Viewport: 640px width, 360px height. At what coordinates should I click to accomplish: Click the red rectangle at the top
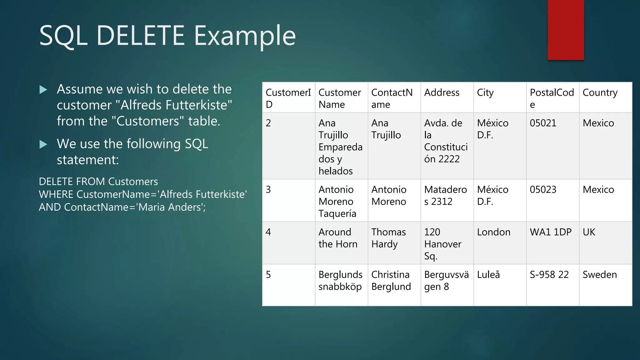(x=566, y=30)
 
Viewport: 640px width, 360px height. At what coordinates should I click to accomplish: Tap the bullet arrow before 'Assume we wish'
(x=43, y=90)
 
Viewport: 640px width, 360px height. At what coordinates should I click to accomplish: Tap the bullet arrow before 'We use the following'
(x=43, y=144)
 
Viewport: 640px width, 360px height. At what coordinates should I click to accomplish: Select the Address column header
(x=442, y=93)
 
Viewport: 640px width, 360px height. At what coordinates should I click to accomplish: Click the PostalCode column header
(x=552, y=98)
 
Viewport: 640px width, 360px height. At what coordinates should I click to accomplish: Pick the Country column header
(x=600, y=93)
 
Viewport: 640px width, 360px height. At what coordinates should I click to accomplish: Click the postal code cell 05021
(x=543, y=123)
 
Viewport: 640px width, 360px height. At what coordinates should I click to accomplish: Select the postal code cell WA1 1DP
(x=550, y=232)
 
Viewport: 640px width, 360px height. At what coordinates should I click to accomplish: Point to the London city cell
(x=493, y=232)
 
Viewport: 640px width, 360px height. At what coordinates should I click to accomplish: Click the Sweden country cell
(x=600, y=275)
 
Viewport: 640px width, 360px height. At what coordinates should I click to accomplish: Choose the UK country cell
(x=589, y=232)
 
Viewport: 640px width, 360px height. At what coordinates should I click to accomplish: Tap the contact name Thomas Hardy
(x=388, y=238)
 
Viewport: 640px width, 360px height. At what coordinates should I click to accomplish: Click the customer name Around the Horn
(x=337, y=238)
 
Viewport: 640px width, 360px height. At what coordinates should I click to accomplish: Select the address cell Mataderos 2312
(x=445, y=196)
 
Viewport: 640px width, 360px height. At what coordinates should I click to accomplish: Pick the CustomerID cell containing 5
(x=268, y=275)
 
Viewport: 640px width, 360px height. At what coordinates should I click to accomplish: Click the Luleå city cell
(x=488, y=275)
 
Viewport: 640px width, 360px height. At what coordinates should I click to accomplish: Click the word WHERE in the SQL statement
(x=56, y=194)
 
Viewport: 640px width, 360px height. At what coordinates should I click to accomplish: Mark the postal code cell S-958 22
(x=549, y=275)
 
